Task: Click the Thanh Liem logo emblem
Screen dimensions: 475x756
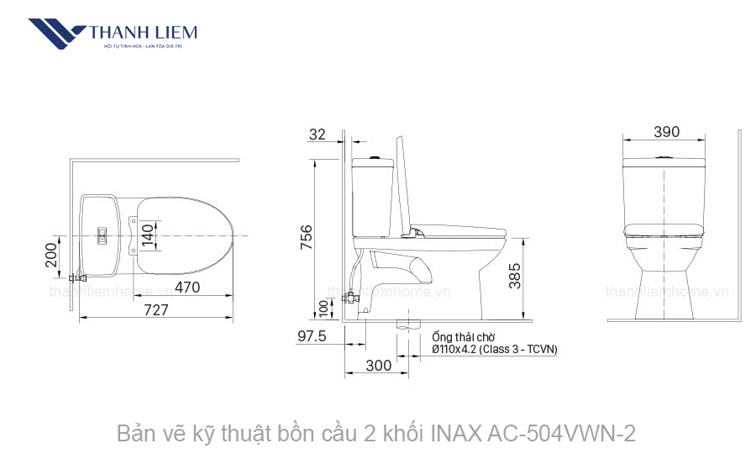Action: [56, 34]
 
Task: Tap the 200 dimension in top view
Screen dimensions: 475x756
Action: [52, 255]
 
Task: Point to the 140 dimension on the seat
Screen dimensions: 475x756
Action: [148, 234]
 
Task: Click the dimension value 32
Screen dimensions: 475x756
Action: [318, 135]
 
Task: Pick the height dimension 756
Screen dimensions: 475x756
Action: [307, 237]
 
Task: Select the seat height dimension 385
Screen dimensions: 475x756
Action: [514, 275]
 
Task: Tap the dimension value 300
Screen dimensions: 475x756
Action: [379, 366]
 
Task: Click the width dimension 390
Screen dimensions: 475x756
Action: [666, 132]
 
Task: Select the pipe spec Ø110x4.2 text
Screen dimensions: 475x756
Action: [494, 349]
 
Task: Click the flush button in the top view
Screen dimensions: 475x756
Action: [102, 235]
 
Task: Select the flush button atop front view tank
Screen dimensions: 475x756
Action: [664, 156]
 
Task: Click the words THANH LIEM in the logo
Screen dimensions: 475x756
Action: [143, 32]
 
